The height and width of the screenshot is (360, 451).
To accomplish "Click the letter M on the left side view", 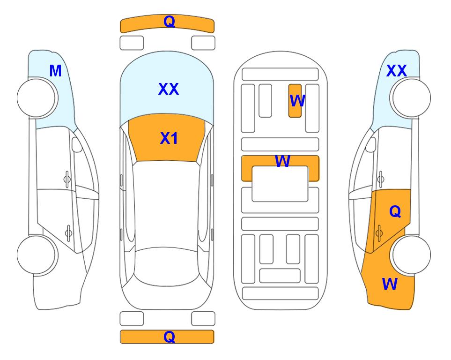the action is coord(55,71).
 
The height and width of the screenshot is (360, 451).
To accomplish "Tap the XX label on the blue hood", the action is coord(169,89).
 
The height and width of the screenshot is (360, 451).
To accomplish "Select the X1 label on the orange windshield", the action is coord(169,138).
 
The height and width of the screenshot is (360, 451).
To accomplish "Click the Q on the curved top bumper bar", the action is coord(169,21).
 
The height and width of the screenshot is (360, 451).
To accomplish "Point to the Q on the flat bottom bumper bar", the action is coord(169,337).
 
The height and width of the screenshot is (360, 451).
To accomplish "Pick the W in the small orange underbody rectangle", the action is coord(297,101).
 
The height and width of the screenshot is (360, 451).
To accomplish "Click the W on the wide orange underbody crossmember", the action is coord(282,161).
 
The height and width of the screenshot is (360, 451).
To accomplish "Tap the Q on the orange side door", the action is coord(395,212).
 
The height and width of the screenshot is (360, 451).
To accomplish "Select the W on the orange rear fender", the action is coord(390,284).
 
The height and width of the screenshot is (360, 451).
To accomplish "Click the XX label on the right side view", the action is coord(396,71).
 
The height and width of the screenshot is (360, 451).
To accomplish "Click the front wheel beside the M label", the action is coord(37,98).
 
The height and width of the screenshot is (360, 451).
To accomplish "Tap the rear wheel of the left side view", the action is coord(37,255).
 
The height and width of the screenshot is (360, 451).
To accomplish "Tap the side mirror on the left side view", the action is coord(77,144).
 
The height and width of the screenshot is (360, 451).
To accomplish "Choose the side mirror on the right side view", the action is coord(371,144).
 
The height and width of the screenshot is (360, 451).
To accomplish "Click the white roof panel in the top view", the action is coord(166,204).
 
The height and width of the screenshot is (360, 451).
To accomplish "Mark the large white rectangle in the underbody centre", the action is coord(280,184).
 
